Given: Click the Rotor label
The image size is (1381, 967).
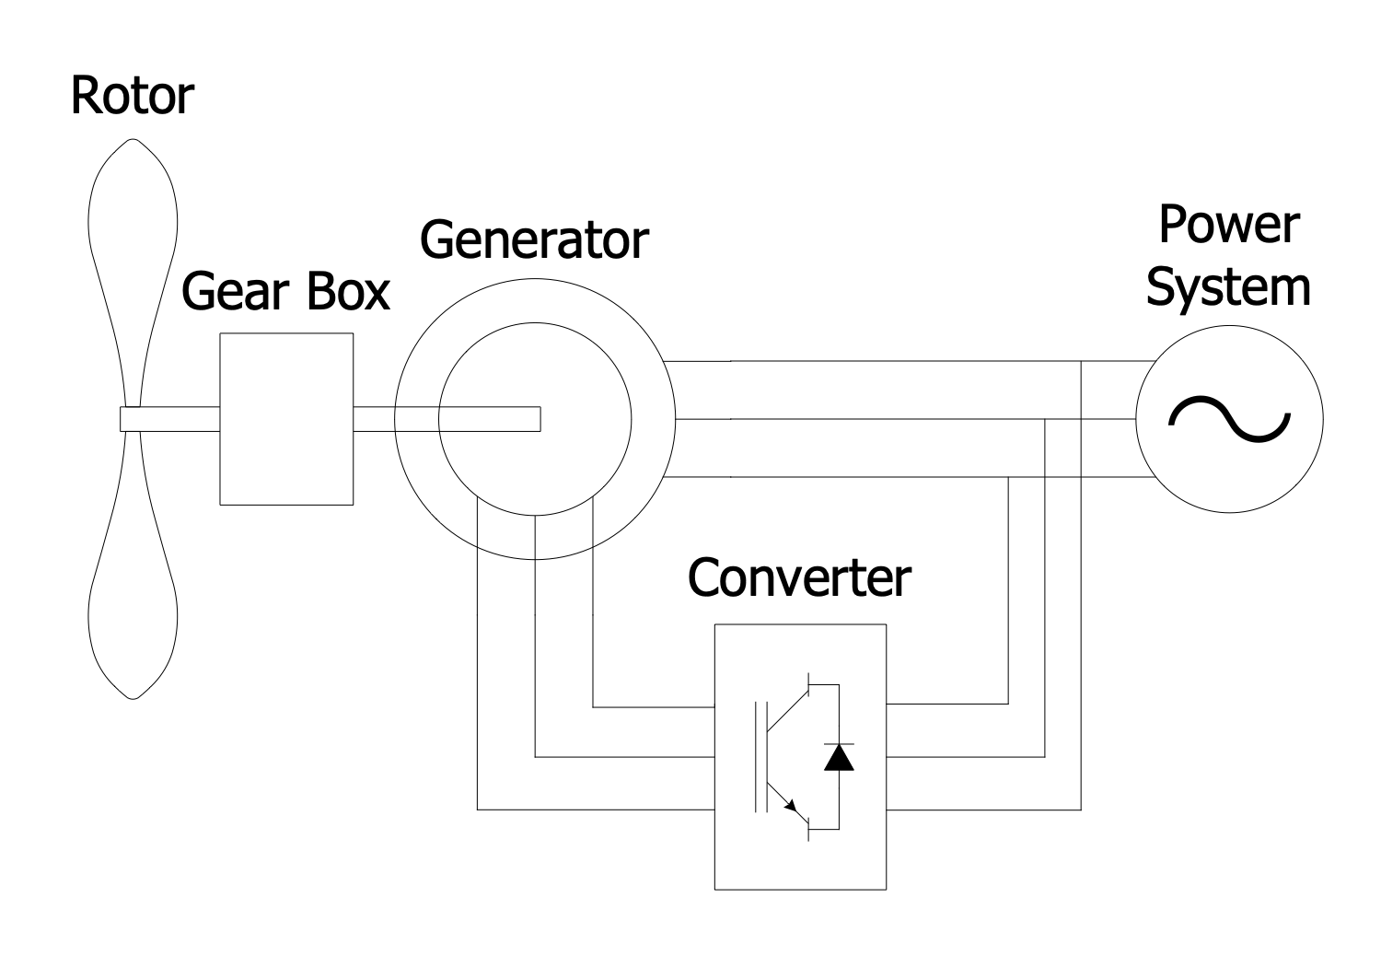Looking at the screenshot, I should point(132,97).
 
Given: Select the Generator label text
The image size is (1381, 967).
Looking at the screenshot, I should point(533,239).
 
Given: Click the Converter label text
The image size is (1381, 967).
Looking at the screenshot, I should point(799,577).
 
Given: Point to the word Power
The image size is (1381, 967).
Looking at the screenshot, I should point(1228,226).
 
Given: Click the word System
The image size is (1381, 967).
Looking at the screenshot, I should point(1228,287).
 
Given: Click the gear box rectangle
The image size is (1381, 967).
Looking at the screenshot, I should point(286,460).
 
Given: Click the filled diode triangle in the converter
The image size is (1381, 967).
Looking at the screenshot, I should point(839,758).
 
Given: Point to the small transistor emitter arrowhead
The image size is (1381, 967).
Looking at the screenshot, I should point(791,807).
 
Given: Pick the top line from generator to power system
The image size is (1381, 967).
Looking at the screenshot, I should point(875,361).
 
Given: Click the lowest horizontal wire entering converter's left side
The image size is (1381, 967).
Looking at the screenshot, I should point(598,810).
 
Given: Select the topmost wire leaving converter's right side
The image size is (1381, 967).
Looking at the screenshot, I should point(948,704).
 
